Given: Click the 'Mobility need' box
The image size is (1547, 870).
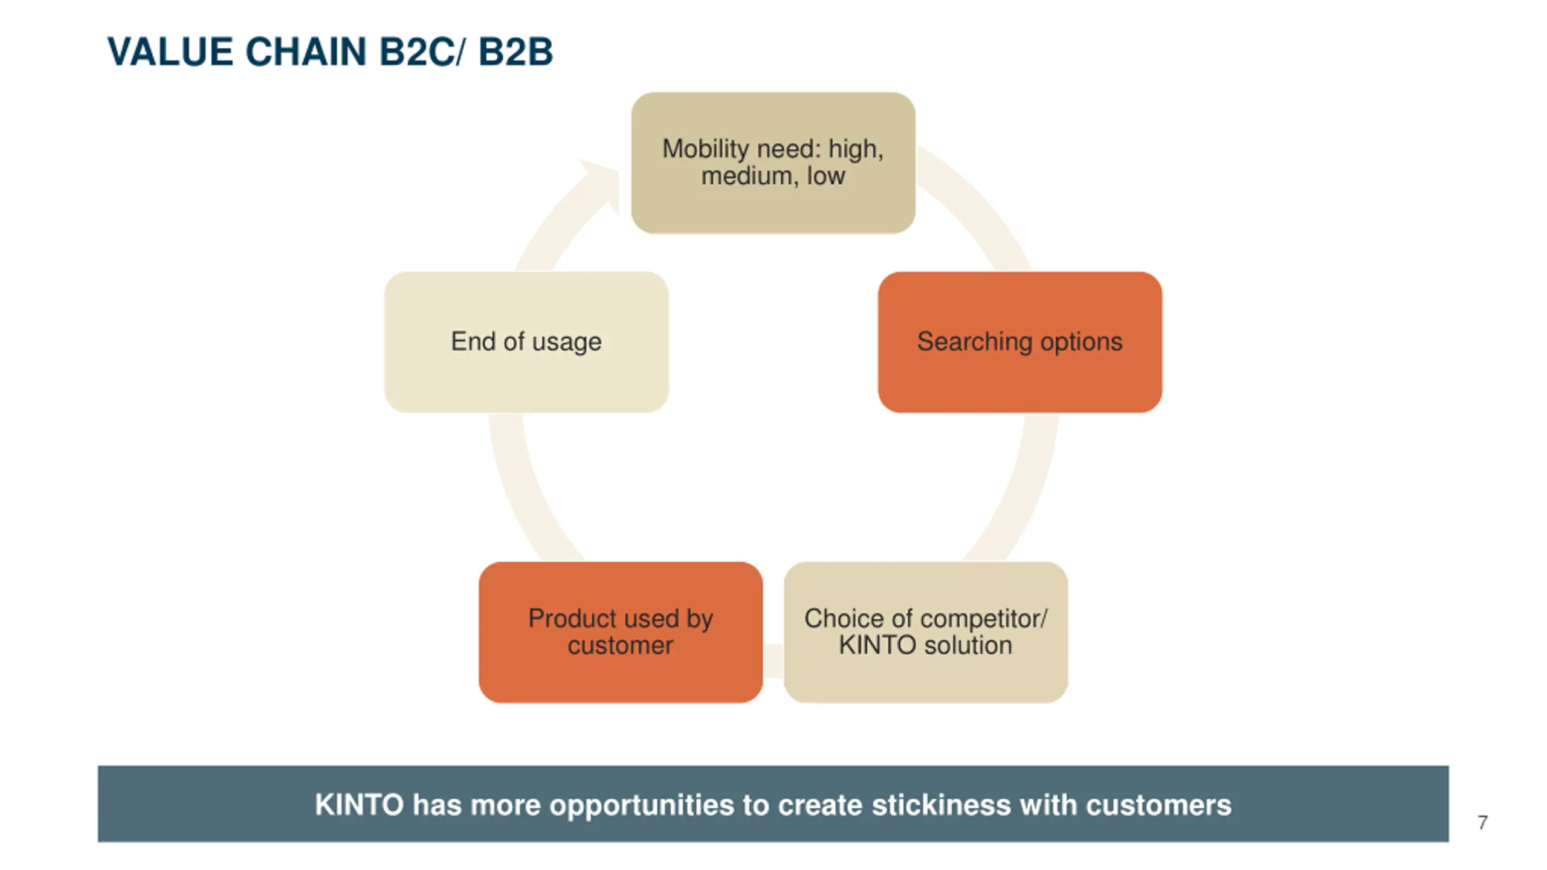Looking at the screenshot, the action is pos(773,163).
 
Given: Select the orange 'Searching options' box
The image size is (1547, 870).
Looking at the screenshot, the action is pos(1019,342).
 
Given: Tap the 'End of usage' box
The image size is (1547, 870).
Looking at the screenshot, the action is pos(526,342).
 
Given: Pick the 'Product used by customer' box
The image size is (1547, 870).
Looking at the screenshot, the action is pos(621,632).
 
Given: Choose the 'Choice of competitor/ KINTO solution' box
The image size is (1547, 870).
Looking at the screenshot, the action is pos(925,632).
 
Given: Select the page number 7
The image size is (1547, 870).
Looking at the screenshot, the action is pos(1482,822).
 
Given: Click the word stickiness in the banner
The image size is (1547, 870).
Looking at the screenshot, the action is pos(941,805).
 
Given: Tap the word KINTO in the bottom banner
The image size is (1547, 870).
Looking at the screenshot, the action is pos(359,805).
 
